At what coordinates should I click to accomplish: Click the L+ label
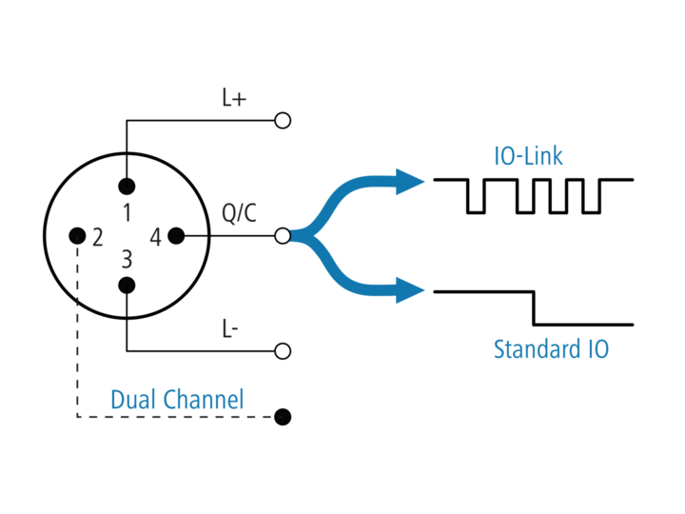234,98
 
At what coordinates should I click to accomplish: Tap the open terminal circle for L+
283,120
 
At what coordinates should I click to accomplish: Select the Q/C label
239,213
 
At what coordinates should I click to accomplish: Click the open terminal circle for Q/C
283,236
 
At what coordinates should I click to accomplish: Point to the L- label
230,328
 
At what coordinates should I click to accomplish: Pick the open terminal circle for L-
283,351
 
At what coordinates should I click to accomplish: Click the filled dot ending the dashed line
283,417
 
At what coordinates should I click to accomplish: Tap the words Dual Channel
177,400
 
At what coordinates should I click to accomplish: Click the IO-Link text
528,156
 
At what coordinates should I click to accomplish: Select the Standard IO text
551,349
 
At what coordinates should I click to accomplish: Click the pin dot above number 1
127,187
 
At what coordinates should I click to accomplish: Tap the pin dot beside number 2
77,236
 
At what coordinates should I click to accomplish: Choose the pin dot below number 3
127,286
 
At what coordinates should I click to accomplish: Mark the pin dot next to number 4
176,236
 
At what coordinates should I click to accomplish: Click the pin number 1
127,213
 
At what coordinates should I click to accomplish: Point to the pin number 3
127,259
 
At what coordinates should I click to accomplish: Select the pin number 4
155,237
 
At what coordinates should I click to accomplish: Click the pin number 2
97,237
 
